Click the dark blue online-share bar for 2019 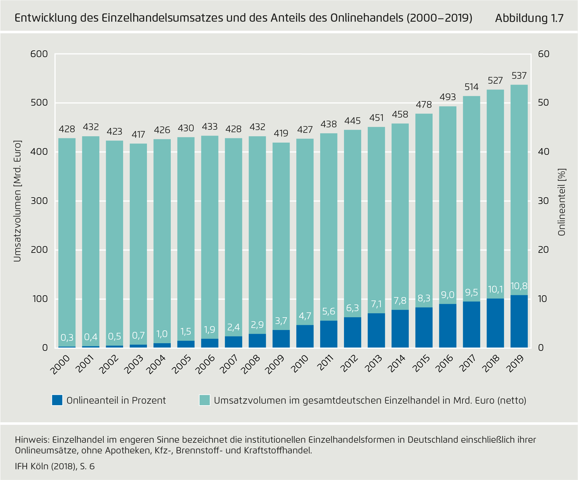click(519, 321)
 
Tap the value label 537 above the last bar click(519, 76)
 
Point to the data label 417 click(138, 135)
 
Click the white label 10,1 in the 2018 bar click(495, 289)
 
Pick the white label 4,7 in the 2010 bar click(305, 316)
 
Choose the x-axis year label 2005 click(182, 364)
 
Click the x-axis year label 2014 click(396, 364)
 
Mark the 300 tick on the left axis click(39, 201)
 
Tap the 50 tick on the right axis click(543, 103)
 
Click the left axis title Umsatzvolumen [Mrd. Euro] click(17, 201)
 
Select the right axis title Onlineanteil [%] click(562, 202)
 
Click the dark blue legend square click(57, 400)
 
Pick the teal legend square click(204, 400)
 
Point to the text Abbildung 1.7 click(529, 18)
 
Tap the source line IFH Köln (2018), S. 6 click(55, 466)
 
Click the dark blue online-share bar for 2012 click(353, 332)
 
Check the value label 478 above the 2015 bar click(424, 105)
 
